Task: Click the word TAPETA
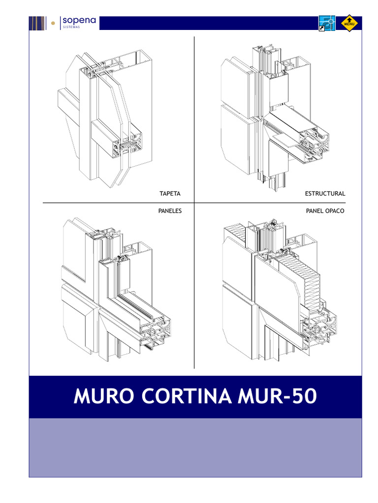[170, 194]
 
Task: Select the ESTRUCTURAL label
[325, 194]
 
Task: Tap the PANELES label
[170, 211]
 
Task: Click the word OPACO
[334, 211]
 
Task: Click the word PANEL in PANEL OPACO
[314, 211]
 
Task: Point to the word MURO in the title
[104, 396]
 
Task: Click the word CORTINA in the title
[187, 396]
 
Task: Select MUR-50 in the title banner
[278, 396]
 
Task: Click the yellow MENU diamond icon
[349, 23]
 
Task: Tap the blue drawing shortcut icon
[327, 23]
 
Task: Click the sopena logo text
[79, 21]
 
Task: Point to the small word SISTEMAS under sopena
[71, 28]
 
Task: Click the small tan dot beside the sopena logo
[53, 23]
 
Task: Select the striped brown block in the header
[37, 23]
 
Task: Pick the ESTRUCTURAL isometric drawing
[275, 119]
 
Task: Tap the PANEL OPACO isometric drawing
[280, 290]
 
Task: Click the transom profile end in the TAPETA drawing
[128, 147]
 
